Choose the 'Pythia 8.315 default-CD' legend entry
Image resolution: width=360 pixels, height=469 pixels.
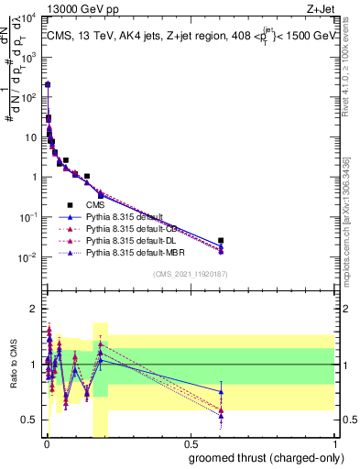(132, 228)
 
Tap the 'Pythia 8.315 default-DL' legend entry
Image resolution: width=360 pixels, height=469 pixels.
(132, 239)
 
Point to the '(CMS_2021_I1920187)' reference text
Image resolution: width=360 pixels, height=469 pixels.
(190, 273)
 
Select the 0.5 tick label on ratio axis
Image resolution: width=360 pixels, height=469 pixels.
(30, 420)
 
